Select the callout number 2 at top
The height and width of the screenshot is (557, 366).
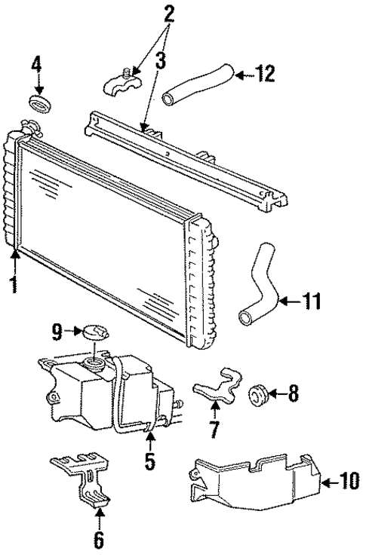[169, 11]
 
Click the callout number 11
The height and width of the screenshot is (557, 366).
[310, 303]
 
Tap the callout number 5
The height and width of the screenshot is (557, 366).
[150, 461]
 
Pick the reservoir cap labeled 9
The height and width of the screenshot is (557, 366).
[93, 331]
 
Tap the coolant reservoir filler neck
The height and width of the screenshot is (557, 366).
[95, 363]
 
